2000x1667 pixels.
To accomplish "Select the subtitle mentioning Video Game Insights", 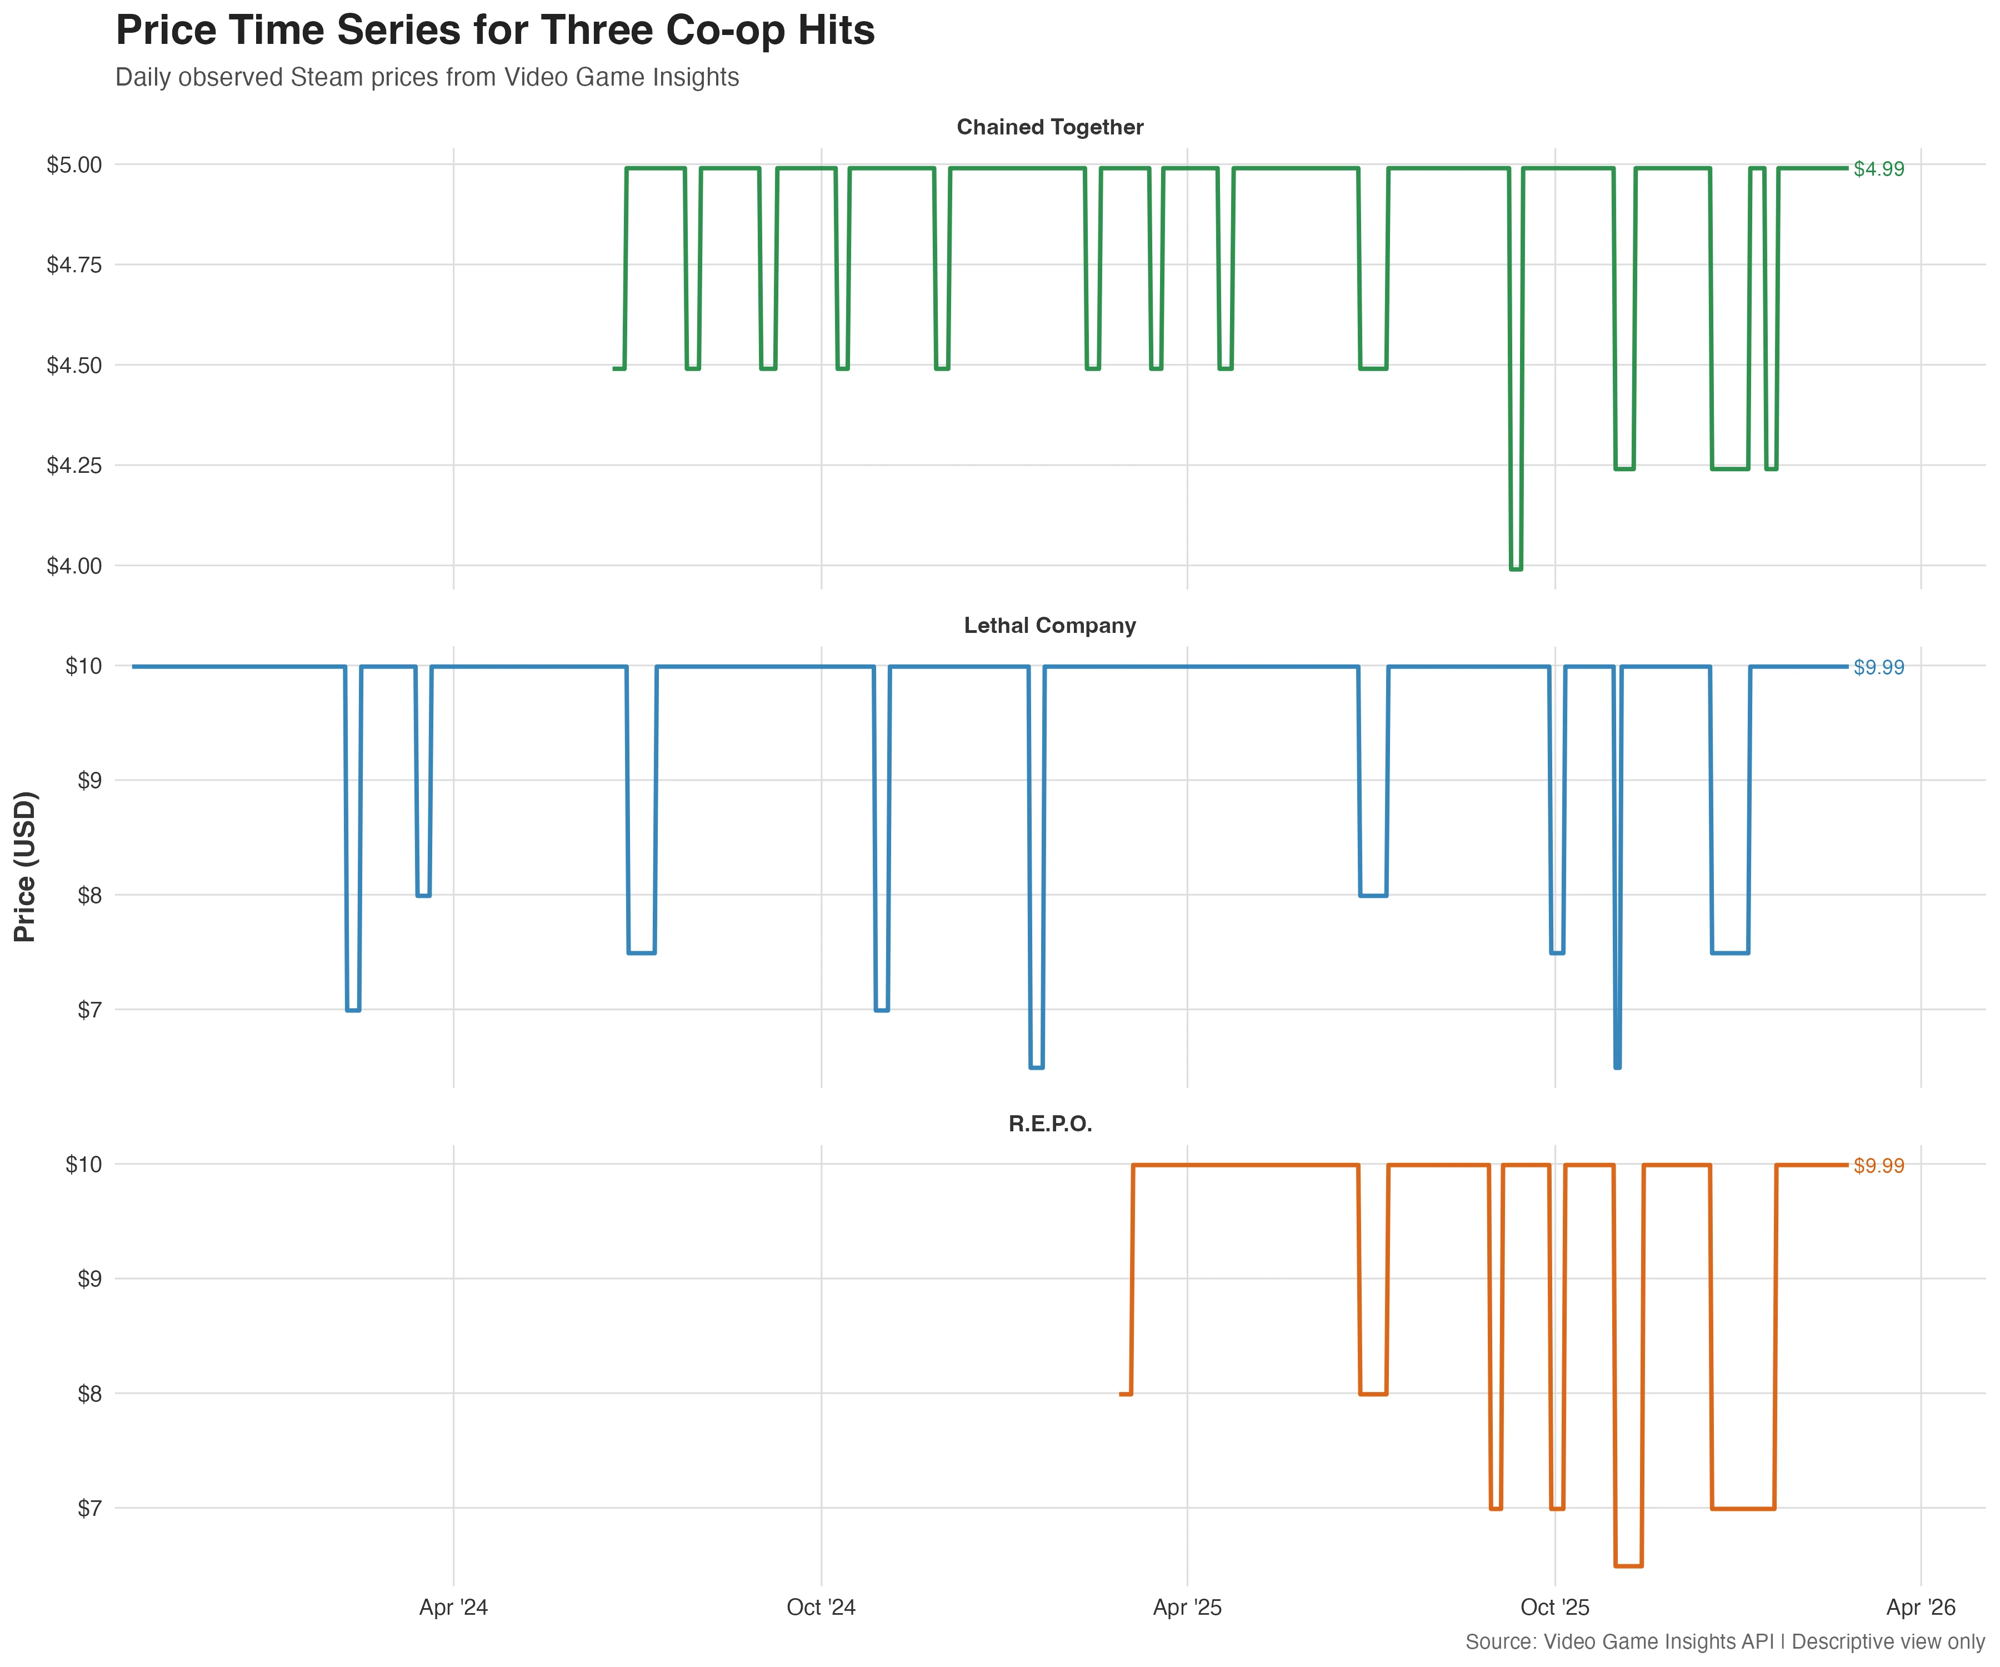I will point(427,77).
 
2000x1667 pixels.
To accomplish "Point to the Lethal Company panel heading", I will point(1049,626).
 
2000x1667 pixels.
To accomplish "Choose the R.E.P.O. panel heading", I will point(1049,1124).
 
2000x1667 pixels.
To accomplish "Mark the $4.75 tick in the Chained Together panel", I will point(74,265).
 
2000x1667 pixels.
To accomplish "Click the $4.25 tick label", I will point(74,466).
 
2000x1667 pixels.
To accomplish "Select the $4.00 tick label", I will point(74,566).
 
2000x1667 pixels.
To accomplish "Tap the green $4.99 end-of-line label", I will point(1878,169).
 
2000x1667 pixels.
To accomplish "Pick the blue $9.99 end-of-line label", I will point(1878,668).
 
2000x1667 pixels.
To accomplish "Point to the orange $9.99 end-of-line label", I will point(1878,1166).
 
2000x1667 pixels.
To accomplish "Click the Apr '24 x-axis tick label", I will point(453,1608).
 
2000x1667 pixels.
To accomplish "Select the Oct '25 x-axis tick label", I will point(1554,1608).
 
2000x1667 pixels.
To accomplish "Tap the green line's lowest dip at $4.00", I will point(1515,568).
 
